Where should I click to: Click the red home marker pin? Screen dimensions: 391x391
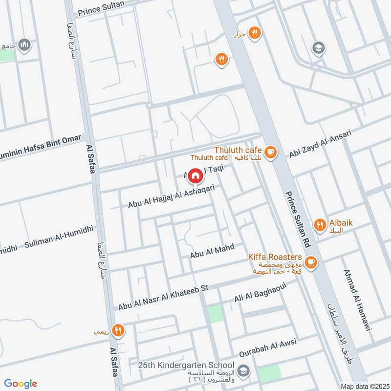click(x=195, y=175)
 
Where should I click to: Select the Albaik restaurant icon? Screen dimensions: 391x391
click(x=320, y=225)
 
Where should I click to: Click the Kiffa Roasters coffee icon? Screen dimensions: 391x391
click(x=311, y=263)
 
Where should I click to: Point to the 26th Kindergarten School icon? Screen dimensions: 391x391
click(x=243, y=370)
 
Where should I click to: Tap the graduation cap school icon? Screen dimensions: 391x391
click(x=318, y=48)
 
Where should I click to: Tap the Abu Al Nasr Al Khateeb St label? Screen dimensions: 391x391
click(x=163, y=298)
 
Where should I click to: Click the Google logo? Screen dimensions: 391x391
click(x=21, y=383)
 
